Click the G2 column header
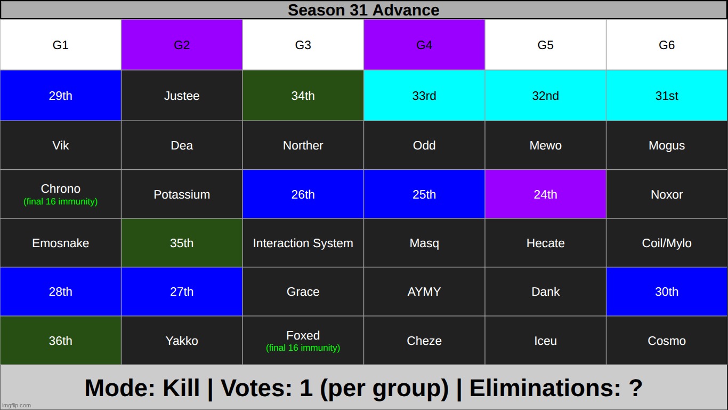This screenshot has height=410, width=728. [x=182, y=45]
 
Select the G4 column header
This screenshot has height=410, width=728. [x=424, y=45]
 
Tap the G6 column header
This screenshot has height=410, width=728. [x=667, y=45]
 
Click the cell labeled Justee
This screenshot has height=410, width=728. [x=182, y=96]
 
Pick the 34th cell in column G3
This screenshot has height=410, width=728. [x=303, y=96]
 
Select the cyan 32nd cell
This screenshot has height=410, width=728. [x=545, y=96]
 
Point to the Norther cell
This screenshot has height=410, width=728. [x=303, y=145]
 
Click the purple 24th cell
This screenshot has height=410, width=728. [x=545, y=194]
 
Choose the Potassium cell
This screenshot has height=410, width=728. [x=182, y=194]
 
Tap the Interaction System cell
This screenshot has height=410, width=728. [x=303, y=243]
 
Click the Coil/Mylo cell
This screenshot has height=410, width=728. [x=667, y=243]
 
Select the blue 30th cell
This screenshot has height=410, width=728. [x=667, y=291]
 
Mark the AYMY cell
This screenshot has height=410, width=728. [x=424, y=291]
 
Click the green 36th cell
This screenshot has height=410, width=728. [x=60, y=340]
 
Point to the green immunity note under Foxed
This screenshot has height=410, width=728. [x=303, y=348]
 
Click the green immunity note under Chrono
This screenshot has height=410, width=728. [x=60, y=202]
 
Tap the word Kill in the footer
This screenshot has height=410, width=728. [x=181, y=388]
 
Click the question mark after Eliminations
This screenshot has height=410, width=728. [x=636, y=388]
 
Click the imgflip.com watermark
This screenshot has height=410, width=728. [x=16, y=405]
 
